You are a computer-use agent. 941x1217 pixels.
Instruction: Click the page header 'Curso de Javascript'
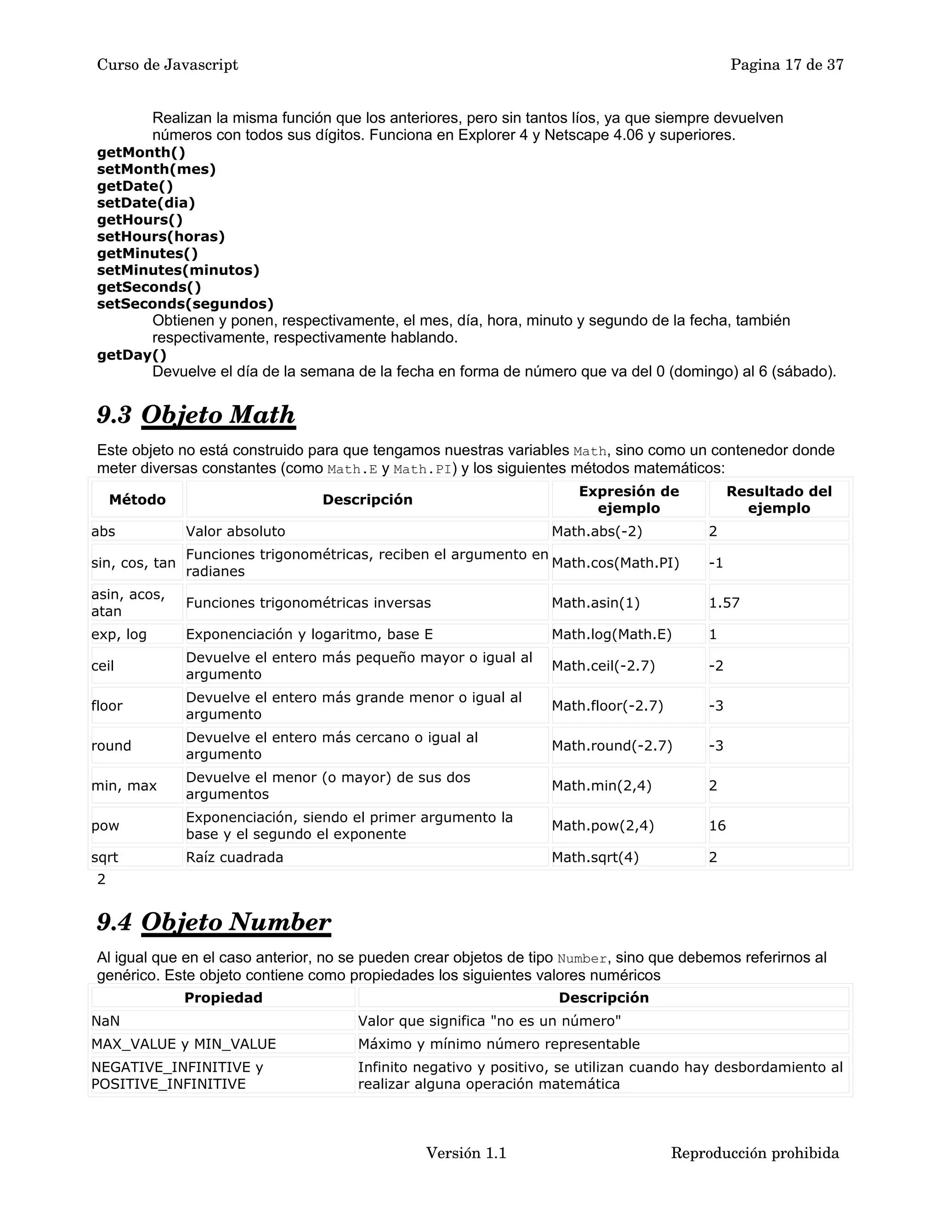[x=167, y=65]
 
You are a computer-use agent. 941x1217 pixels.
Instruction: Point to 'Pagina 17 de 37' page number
[x=787, y=65]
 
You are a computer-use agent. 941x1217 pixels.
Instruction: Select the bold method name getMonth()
[x=141, y=152]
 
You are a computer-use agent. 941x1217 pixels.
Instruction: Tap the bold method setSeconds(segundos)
[x=185, y=304]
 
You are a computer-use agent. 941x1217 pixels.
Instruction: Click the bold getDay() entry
[x=131, y=355]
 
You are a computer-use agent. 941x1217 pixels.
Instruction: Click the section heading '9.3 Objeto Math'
[x=196, y=415]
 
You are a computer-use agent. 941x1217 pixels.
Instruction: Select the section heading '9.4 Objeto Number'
[x=214, y=922]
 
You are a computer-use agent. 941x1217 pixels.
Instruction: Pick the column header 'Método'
[x=137, y=499]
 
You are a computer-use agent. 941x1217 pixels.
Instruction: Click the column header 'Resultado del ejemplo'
[x=779, y=499]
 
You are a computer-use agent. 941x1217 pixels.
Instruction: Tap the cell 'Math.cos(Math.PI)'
[x=615, y=563]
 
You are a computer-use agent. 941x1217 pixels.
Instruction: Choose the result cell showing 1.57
[x=724, y=603]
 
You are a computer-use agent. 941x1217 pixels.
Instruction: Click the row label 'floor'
[x=107, y=705]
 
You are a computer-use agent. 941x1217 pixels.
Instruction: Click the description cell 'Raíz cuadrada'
[x=235, y=857]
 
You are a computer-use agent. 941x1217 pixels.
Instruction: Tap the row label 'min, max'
[x=124, y=786]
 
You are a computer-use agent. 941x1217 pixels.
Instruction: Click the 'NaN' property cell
[x=106, y=1021]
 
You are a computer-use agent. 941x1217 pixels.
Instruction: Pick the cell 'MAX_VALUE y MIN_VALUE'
[x=184, y=1044]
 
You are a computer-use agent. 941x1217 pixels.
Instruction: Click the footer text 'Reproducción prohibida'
[x=755, y=1153]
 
